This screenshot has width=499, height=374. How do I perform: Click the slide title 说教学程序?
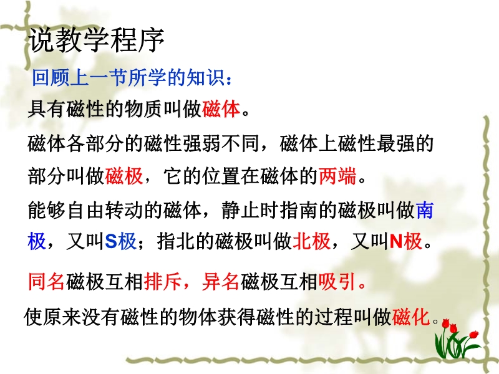(x=97, y=41)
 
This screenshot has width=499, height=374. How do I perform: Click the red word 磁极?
(x=124, y=176)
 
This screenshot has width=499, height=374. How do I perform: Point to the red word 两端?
(x=337, y=176)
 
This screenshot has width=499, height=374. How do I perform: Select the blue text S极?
(x=120, y=241)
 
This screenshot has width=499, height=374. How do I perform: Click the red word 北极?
(x=311, y=241)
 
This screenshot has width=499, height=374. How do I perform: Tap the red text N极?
(x=406, y=241)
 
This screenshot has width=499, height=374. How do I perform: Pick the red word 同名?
(x=46, y=281)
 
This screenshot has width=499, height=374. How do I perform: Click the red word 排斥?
(x=163, y=281)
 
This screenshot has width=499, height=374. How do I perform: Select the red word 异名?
(x=221, y=281)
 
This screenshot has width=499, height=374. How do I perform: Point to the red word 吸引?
(x=337, y=281)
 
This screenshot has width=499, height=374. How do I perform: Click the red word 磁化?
(x=411, y=317)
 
